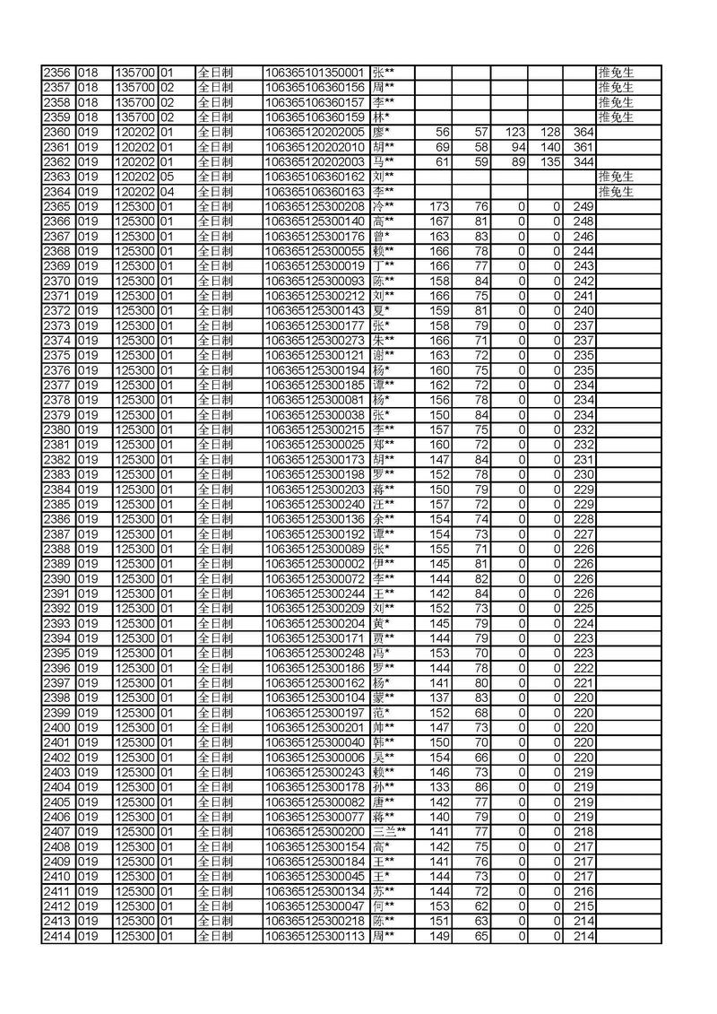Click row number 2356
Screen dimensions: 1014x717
pos(57,73)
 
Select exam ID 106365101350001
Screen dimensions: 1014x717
pos(315,73)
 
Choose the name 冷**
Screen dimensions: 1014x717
pos(384,206)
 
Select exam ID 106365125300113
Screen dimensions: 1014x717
pos(315,936)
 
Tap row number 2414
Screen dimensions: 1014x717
pos(57,936)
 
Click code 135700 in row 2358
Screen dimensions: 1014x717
pos(134,102)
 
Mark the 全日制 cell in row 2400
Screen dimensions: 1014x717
pos(214,727)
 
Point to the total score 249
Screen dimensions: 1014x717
pos(583,206)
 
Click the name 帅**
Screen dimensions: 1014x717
pos(384,727)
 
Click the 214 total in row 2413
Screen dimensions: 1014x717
pos(583,921)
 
